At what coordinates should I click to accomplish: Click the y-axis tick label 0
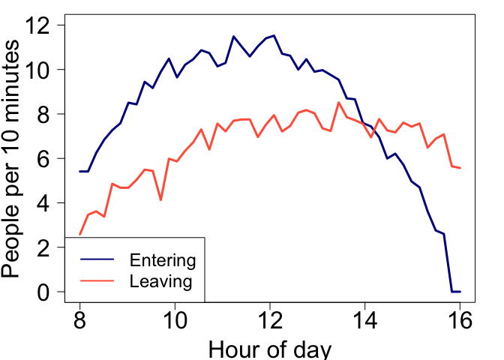click(46, 292)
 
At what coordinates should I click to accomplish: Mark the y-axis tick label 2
click(46, 247)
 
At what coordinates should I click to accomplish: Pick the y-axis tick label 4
click(46, 203)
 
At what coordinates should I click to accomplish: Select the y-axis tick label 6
click(46, 159)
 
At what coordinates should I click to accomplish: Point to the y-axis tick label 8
click(46, 114)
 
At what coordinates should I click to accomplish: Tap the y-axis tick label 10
click(40, 70)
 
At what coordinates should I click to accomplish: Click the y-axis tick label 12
click(40, 25)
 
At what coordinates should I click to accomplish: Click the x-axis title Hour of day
click(269, 349)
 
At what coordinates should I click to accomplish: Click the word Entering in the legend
click(163, 261)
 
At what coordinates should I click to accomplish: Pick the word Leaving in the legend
click(161, 282)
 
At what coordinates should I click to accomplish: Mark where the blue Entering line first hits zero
click(451, 291)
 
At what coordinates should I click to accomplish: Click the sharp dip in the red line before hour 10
click(160, 200)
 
